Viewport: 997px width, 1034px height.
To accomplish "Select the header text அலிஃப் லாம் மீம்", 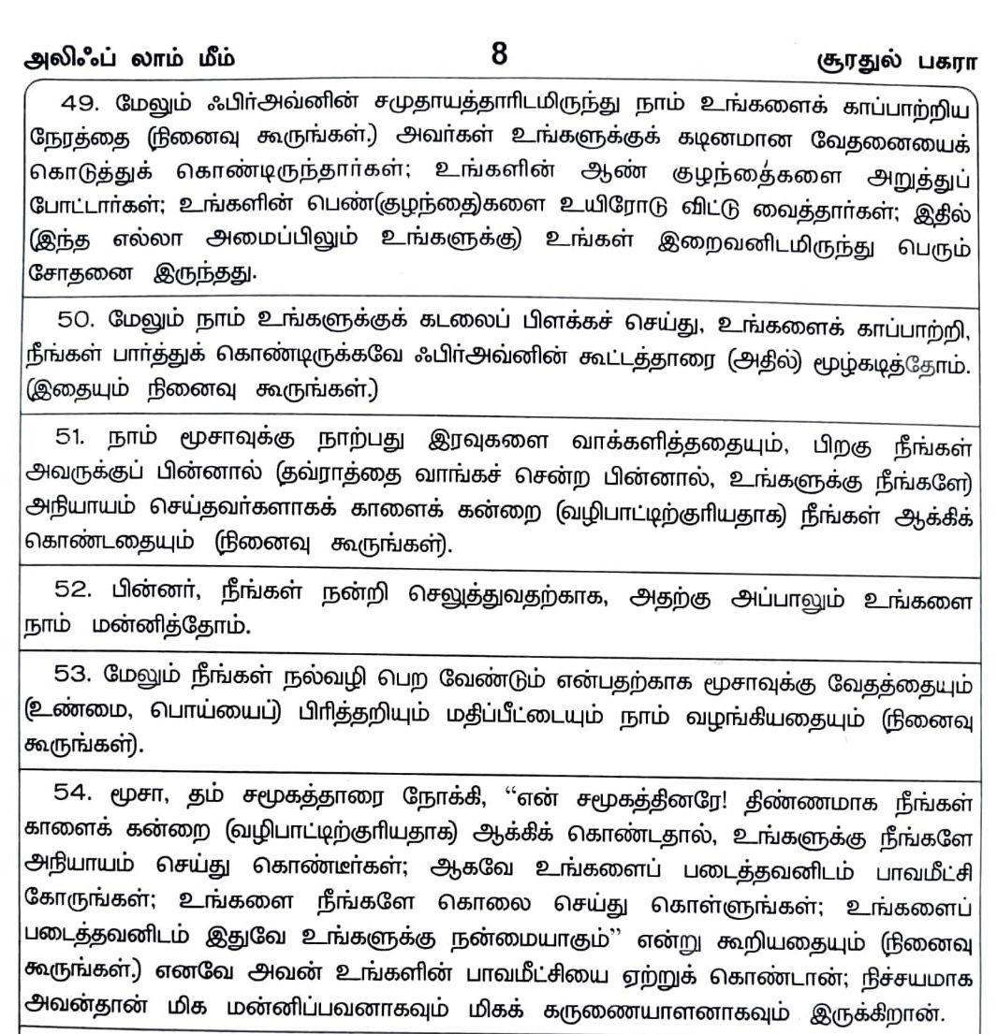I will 129,62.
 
